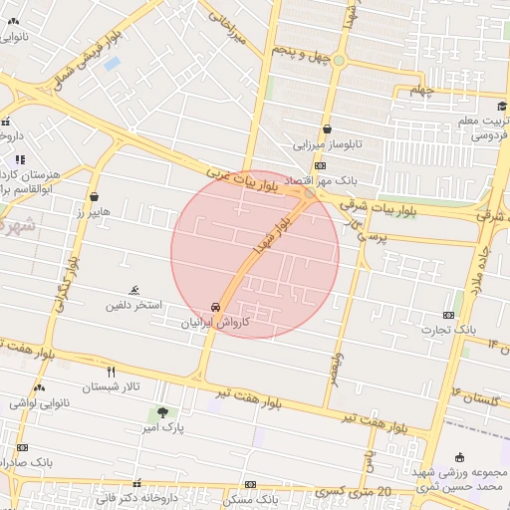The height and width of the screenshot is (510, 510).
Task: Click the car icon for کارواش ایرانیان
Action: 216,307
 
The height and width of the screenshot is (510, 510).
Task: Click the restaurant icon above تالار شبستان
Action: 111,372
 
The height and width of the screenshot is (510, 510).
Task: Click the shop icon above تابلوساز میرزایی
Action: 327,128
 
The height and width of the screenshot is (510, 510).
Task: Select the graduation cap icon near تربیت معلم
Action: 501,107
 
